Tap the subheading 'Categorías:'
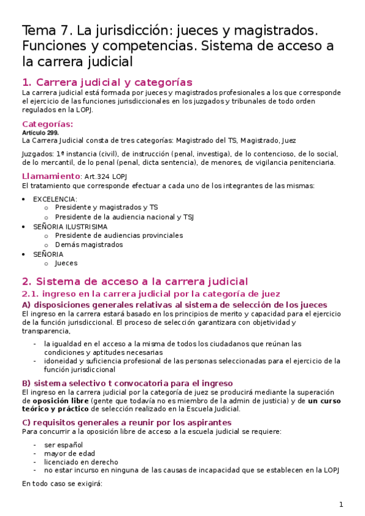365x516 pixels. (x=47, y=124)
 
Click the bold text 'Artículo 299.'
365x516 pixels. (x=40, y=133)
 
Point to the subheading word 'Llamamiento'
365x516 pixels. (x=50, y=176)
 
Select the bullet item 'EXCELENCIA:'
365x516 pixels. (x=55, y=199)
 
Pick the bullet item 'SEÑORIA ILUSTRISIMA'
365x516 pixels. (x=70, y=226)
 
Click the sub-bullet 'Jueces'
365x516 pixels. (x=66, y=263)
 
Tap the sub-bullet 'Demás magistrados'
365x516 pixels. (x=88, y=245)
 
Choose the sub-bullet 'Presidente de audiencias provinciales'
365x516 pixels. (x=118, y=235)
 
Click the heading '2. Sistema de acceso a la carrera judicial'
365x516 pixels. (x=135, y=281)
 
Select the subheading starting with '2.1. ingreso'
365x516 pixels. (x=151, y=294)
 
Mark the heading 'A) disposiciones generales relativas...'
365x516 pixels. (x=174, y=304)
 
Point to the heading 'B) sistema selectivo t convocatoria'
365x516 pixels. (x=127, y=383)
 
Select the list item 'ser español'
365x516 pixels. (x=63, y=445)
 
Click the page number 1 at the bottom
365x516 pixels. (x=341, y=504)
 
